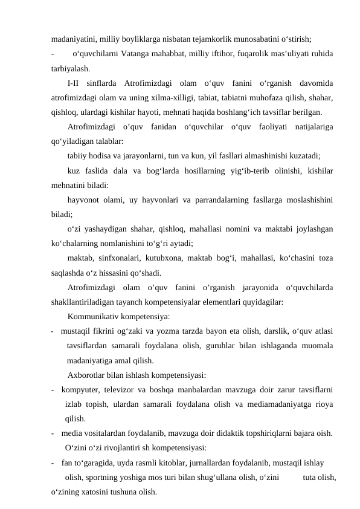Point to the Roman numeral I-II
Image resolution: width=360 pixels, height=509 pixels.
(77, 83)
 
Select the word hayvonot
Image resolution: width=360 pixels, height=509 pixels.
(85, 199)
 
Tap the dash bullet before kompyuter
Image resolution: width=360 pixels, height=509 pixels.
(54, 389)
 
